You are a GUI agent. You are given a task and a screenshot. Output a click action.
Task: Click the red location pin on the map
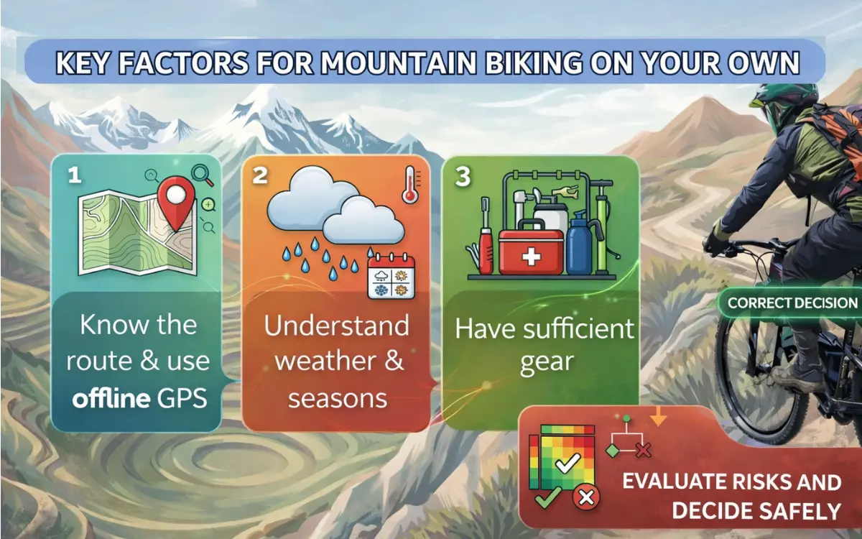[176, 202]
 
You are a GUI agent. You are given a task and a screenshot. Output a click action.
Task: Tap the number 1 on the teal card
[75, 175]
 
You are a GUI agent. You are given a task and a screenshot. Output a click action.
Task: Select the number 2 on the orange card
[260, 175]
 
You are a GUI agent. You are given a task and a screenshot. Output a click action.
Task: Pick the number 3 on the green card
[463, 177]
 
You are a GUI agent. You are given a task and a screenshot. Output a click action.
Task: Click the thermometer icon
[410, 185]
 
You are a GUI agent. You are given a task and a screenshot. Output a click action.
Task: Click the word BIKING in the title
[534, 63]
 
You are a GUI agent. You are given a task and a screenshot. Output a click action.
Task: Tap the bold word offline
[111, 398]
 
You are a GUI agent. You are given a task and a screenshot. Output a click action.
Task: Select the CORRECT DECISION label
[792, 303]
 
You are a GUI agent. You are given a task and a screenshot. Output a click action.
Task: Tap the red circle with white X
[586, 498]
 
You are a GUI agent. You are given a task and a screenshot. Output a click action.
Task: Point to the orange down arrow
[659, 417]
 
